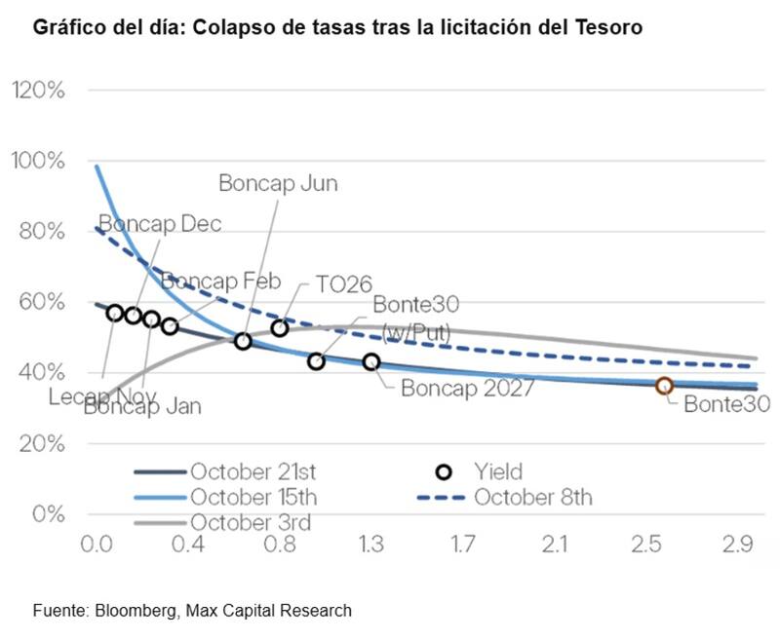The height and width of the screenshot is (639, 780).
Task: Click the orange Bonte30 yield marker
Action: click(664, 386)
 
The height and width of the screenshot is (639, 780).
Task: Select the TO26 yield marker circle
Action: click(280, 327)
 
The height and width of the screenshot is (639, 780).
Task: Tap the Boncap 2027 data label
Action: click(467, 387)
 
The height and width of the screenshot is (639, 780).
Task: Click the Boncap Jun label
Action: click(278, 182)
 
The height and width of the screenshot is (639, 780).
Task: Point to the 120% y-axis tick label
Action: click(38, 90)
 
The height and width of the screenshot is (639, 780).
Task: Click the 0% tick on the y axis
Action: click(48, 513)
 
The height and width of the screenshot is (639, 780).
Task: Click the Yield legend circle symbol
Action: click(445, 472)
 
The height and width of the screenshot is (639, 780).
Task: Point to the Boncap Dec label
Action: click(161, 224)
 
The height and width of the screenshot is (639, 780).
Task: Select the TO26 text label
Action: click(343, 284)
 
